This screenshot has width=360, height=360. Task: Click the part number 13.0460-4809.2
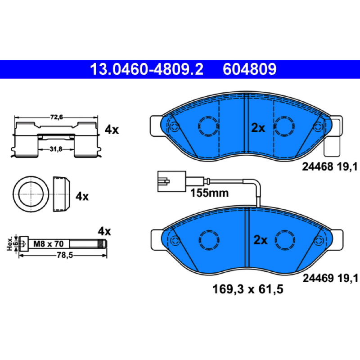coord(147,69)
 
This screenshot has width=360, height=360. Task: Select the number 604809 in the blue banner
coord(250,69)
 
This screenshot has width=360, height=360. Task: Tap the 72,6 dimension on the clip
coord(57,117)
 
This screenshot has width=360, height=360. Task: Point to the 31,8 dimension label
coord(56,149)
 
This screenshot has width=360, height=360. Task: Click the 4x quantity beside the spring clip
coord(112,130)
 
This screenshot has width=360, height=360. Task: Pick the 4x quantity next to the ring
coord(82,197)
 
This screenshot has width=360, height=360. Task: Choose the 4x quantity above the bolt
coord(104,231)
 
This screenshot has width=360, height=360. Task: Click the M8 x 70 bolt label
coord(49,243)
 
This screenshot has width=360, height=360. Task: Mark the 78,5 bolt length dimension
coord(65,255)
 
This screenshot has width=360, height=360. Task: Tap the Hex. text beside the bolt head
coord(9,243)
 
